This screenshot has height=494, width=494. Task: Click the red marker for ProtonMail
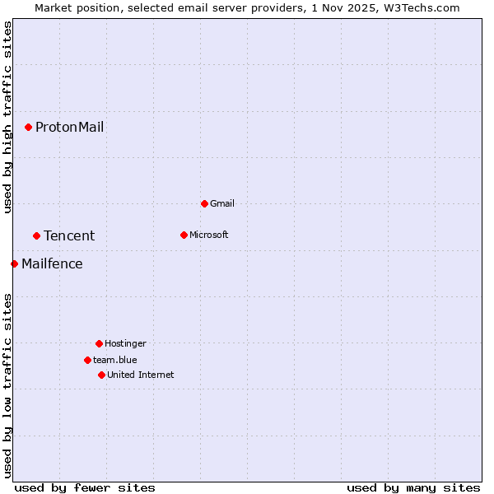28,127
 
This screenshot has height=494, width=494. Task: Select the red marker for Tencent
36,235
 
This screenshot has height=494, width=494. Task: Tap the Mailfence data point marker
14,263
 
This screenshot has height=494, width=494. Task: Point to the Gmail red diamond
204,203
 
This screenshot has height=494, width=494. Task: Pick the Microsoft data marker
184,235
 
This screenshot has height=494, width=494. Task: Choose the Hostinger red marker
99,343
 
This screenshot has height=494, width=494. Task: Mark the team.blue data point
87,360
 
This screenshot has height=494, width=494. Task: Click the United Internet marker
101,375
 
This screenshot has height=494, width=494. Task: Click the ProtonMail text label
69,127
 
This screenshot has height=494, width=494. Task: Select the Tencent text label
69,235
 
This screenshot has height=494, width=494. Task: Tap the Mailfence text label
52,263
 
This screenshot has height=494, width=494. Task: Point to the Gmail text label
222,203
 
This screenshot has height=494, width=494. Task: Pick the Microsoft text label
209,235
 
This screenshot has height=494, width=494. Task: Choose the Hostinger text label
125,343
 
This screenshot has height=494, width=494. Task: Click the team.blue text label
115,360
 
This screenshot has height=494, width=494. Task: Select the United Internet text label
141,375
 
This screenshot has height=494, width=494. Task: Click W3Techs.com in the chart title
421,7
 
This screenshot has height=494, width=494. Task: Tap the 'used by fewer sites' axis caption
85,487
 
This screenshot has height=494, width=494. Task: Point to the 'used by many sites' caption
413,487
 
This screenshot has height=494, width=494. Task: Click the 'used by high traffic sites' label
7,117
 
